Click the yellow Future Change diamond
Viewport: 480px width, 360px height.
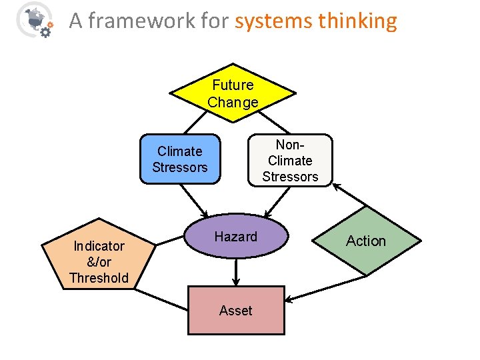click(x=233, y=93)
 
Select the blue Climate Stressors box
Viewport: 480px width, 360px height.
click(x=179, y=159)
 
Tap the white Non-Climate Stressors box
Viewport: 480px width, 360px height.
click(x=290, y=160)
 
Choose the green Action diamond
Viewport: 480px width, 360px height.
click(x=366, y=241)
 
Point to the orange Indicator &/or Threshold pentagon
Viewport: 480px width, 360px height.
click(x=99, y=257)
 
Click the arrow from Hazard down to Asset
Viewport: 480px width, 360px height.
click(x=235, y=272)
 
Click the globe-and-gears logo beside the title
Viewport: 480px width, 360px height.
click(x=35, y=20)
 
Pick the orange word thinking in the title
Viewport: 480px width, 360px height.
click(x=357, y=21)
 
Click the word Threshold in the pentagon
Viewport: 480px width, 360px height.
click(x=99, y=278)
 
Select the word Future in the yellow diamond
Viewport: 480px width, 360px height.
click(x=233, y=85)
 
